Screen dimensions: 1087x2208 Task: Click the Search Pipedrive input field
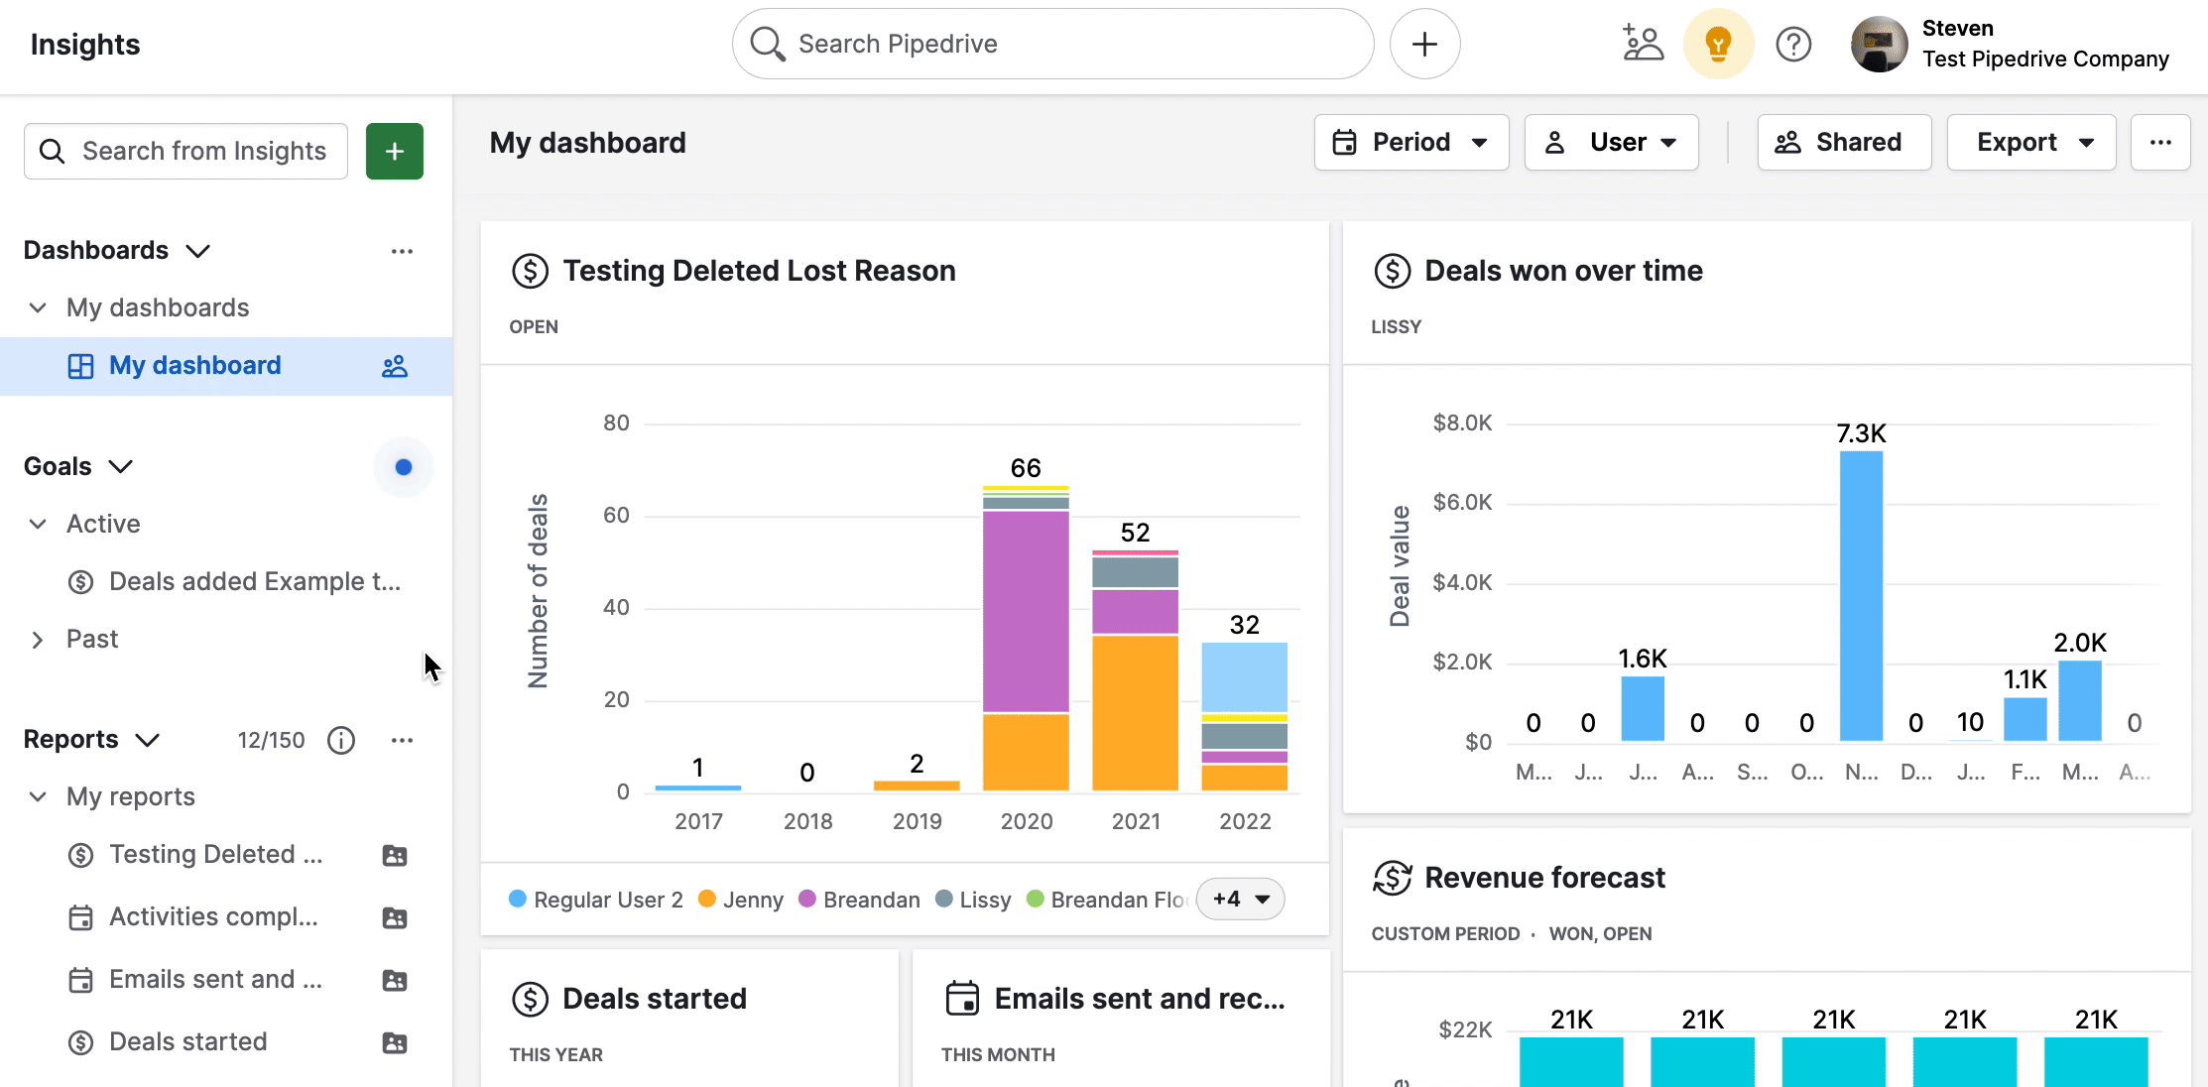click(1051, 44)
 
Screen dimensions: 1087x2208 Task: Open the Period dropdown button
click(1411, 143)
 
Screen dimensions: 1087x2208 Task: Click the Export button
click(2030, 143)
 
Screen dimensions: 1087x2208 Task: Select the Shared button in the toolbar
click(1843, 143)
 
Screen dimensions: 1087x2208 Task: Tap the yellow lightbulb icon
click(1718, 44)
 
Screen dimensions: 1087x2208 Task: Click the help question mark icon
click(1793, 44)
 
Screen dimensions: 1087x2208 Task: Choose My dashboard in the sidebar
click(195, 366)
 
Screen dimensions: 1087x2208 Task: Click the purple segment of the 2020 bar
click(1026, 610)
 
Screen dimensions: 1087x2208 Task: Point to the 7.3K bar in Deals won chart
click(1861, 595)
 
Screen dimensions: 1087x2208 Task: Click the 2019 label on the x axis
click(917, 821)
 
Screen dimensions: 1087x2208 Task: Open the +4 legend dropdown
click(1240, 900)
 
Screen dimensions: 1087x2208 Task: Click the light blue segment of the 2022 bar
click(1244, 676)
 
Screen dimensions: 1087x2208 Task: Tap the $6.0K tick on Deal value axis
click(1462, 503)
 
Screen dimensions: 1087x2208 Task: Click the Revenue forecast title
click(1544, 878)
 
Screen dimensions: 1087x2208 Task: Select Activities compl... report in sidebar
click(213, 917)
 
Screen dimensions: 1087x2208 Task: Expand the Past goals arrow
click(38, 640)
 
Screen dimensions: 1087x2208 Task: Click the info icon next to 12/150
click(341, 741)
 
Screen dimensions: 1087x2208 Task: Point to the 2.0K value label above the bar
click(2079, 643)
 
